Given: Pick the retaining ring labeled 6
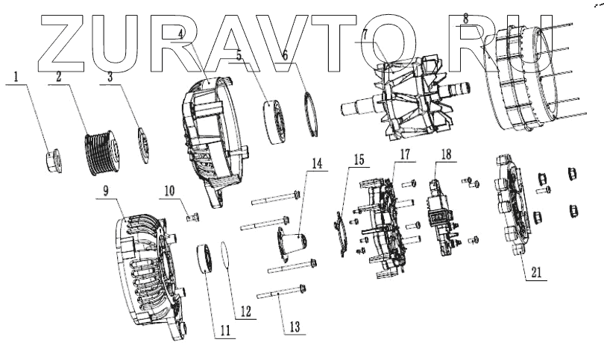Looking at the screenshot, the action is tap(314, 113).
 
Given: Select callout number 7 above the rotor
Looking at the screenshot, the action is tap(365, 35).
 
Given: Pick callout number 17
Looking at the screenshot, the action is tap(404, 155).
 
